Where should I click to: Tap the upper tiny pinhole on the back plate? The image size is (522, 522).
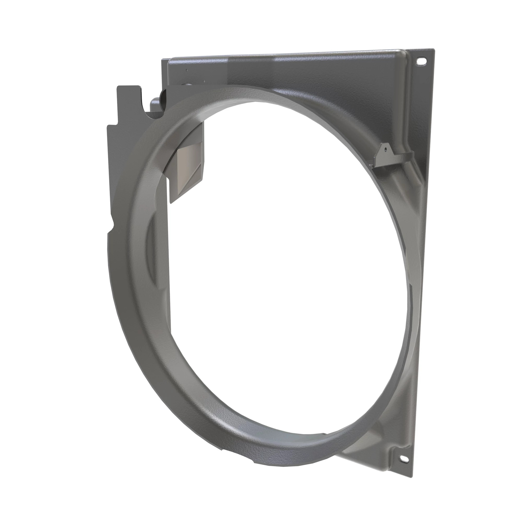click(x=187, y=70)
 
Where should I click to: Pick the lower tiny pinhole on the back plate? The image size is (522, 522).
click(x=205, y=80)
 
